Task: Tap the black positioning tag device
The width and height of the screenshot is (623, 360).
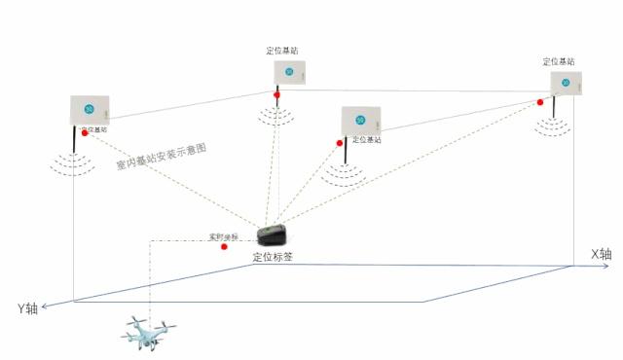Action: (274, 235)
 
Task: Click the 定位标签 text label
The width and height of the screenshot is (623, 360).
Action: (273, 257)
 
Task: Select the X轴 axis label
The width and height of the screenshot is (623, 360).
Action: (602, 254)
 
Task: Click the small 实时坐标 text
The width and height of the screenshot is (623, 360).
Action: (223, 236)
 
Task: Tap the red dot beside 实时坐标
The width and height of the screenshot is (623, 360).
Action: (225, 246)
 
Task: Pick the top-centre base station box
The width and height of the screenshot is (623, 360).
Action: (289, 71)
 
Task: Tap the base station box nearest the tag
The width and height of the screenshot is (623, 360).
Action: (361, 119)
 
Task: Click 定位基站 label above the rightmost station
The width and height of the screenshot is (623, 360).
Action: (560, 61)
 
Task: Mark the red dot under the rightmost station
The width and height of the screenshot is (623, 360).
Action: (540, 101)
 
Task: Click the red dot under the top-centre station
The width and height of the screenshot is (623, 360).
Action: (277, 94)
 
